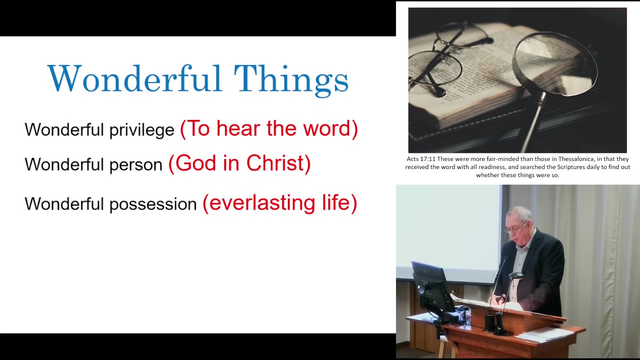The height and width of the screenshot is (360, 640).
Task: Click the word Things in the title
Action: (291, 79)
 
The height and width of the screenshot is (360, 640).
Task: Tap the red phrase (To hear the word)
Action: (269, 129)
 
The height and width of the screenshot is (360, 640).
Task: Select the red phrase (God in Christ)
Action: (239, 163)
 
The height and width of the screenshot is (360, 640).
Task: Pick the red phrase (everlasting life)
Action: (279, 203)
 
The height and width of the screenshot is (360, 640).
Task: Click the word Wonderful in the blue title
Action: (134, 79)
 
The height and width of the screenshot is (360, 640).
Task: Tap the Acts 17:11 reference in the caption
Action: (421, 159)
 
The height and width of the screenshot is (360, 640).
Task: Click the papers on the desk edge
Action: (545, 334)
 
